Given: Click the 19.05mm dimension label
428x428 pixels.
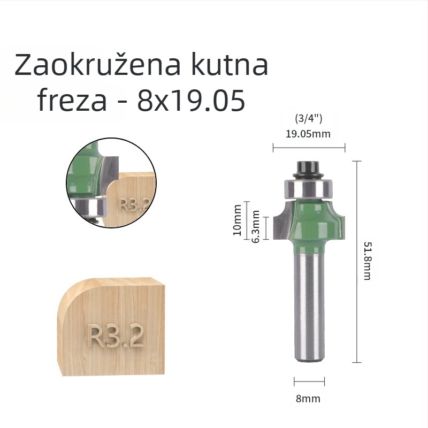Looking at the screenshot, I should (308, 134).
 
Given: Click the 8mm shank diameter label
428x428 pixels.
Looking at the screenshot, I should (308, 399).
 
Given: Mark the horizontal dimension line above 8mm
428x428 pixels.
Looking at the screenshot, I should (309, 382).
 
